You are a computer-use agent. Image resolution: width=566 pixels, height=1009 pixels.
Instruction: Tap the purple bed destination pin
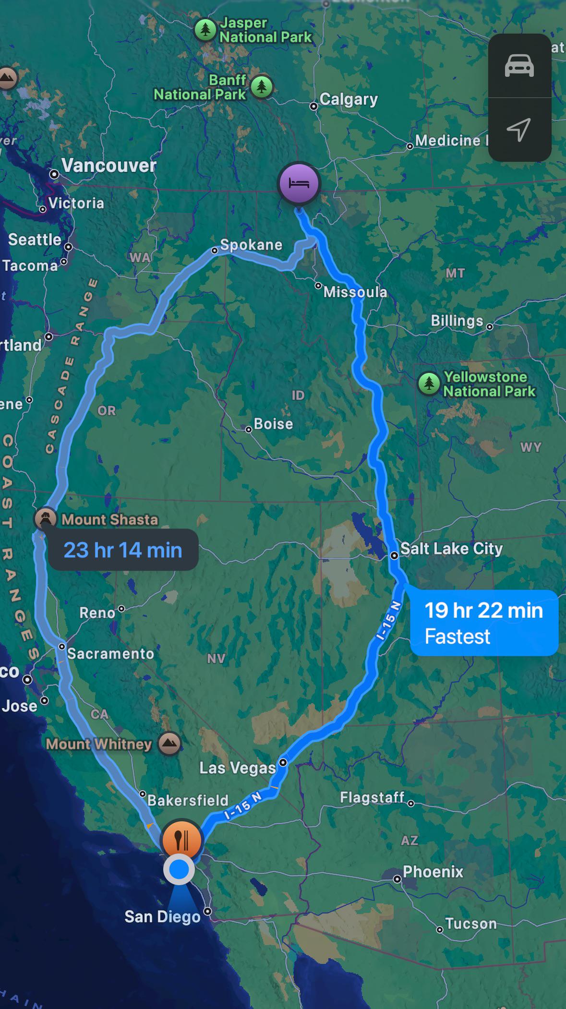coord(299,183)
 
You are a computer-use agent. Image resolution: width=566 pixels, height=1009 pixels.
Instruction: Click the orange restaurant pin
coord(182,840)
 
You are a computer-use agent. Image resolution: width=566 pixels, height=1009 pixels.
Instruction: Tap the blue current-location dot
coord(179,869)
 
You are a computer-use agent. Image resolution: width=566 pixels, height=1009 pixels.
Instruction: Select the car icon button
coord(519,66)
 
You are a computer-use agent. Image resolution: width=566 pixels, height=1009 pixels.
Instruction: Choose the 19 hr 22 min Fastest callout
coord(483,623)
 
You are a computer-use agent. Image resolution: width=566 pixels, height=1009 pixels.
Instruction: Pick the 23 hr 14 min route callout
coord(123,550)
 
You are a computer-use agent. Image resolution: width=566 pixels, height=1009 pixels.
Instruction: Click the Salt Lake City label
coord(451,548)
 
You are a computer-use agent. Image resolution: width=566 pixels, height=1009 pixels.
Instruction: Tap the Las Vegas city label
coord(238,768)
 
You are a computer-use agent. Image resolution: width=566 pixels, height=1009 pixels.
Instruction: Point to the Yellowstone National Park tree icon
coord(429,384)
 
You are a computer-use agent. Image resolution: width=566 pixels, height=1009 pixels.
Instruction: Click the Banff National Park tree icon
coord(262,87)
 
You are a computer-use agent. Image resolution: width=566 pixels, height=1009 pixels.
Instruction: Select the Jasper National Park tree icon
coord(205,30)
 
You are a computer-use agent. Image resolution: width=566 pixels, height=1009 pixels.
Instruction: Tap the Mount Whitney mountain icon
coord(169,744)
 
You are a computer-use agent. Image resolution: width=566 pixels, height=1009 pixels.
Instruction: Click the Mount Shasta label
coord(109,519)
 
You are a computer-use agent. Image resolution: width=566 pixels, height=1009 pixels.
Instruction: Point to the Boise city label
coord(273,424)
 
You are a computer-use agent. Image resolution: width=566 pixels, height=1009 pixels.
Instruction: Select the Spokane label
coord(251,245)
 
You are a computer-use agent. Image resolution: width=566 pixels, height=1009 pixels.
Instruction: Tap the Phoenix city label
coord(433,872)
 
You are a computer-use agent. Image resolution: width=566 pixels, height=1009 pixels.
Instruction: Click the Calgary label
coord(349,99)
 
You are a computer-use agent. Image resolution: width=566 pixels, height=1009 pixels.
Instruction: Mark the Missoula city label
coord(355,292)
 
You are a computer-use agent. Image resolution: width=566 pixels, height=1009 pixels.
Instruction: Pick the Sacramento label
coord(110,653)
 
